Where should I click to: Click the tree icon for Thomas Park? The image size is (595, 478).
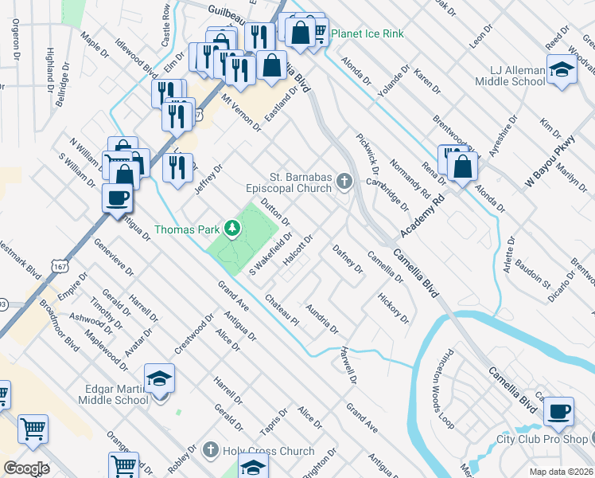[232, 229]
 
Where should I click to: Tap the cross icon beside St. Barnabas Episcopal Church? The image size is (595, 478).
[344, 182]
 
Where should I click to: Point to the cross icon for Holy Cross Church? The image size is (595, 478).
[211, 451]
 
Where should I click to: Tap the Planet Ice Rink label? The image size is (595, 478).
[367, 33]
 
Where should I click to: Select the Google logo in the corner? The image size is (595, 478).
[26, 468]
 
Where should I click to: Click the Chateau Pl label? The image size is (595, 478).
[282, 310]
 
